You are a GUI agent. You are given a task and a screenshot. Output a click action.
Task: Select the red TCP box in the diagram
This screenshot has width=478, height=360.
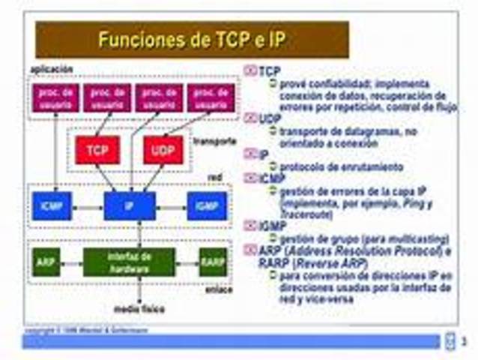[97, 150]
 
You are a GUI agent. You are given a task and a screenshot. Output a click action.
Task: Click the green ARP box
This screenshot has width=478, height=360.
[46, 262]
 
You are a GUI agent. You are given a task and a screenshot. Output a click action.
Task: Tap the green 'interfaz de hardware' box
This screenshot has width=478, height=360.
[129, 262]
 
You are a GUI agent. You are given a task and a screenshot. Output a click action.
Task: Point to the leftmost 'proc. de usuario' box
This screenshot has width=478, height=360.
[53, 98]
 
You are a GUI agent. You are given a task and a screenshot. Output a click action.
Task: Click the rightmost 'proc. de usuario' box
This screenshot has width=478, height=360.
[211, 98]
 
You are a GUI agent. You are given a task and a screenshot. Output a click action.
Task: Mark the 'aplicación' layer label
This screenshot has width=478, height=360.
[51, 69]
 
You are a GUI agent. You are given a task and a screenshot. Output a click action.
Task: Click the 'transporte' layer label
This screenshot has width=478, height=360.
[215, 141]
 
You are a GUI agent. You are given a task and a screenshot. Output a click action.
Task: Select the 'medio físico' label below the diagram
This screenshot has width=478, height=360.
[139, 309]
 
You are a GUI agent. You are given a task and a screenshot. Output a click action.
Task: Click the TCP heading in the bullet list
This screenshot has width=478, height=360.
[269, 70]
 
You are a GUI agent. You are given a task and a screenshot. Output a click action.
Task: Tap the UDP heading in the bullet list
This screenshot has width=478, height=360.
[270, 118]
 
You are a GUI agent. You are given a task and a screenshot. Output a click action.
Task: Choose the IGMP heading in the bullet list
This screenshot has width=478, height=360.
[273, 225]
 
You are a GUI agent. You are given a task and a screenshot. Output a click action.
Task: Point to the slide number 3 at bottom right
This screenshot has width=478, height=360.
[464, 343]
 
